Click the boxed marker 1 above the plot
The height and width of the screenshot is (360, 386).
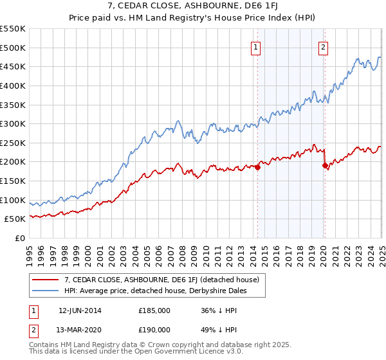pos(256,46)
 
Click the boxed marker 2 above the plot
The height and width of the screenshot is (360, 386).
pos(323,46)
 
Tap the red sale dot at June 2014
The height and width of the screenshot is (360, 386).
pos(257,168)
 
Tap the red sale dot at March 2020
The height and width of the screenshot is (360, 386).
pos(325,166)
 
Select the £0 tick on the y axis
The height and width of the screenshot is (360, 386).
pos(19,239)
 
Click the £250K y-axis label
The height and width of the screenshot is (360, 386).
pos(13,143)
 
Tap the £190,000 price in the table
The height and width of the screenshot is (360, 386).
pos(154,328)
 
